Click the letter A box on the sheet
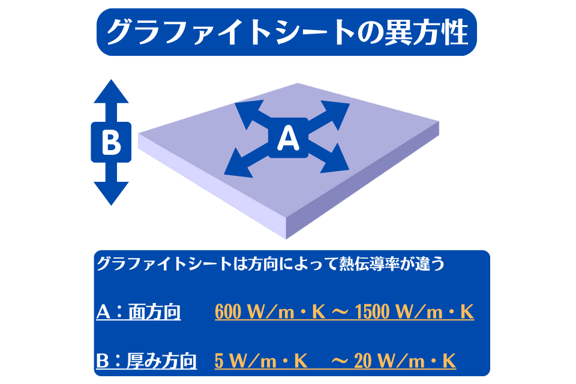(x=288, y=139)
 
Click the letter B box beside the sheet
(x=110, y=142)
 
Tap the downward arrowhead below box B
(x=110, y=193)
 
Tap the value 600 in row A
(x=228, y=312)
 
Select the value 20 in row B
(x=362, y=361)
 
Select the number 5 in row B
(x=219, y=361)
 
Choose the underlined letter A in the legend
(x=103, y=312)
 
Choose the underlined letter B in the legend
(x=103, y=361)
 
